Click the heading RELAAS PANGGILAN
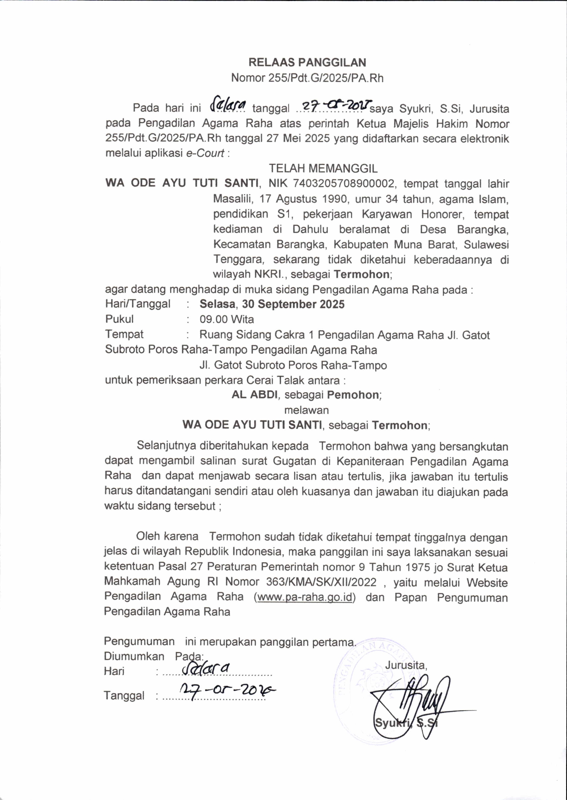(307, 62)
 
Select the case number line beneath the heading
(307, 78)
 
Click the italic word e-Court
(205, 153)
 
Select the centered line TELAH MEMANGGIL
(323, 169)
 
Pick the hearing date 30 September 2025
(293, 304)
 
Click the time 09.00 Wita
(226, 319)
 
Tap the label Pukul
(119, 319)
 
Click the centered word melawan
(306, 410)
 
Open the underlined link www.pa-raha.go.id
(305, 597)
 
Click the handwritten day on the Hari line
(205, 669)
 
